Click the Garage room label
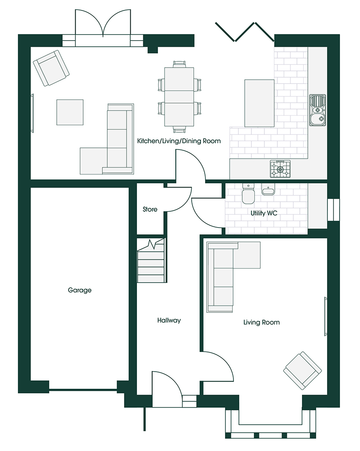click(80, 290)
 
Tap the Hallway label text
click(169, 320)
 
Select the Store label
click(150, 209)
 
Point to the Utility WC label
click(264, 213)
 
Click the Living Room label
click(261, 322)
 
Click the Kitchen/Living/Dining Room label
click(179, 141)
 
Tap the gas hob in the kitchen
click(280, 169)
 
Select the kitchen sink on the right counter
click(318, 110)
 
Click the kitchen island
click(259, 103)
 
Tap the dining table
click(179, 96)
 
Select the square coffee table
click(70, 112)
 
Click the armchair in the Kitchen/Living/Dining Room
click(51, 68)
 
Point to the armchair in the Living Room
click(302, 370)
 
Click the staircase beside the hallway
click(151, 260)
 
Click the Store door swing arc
click(184, 203)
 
